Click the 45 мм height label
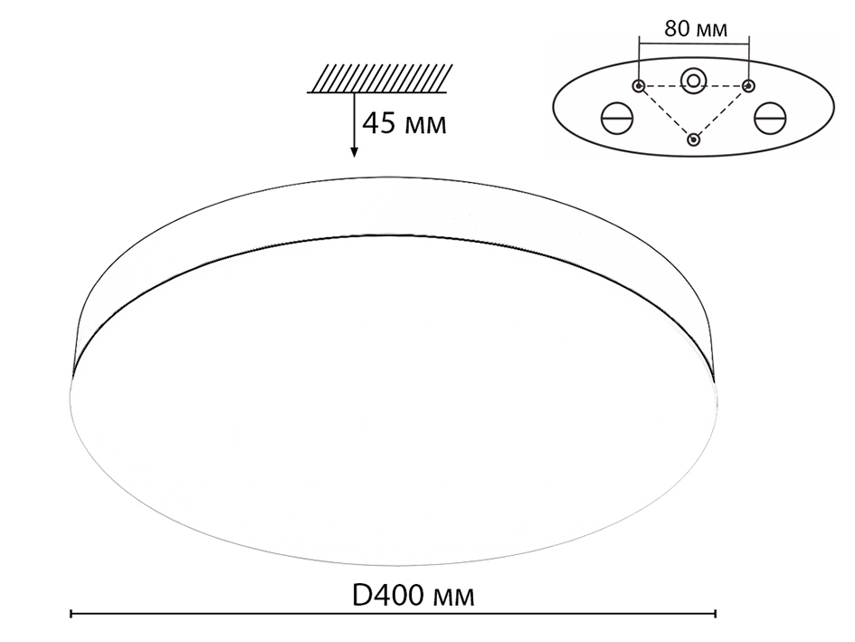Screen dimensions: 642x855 tap(404, 123)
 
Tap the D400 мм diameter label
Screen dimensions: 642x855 tap(412, 595)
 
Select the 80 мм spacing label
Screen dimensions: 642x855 tap(695, 28)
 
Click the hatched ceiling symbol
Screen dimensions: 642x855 tap(379, 78)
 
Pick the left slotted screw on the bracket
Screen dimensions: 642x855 tap(617, 118)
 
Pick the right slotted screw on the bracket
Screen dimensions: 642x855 tap(771, 118)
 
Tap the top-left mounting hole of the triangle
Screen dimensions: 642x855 tap(639, 86)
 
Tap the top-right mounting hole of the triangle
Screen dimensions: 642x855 tap(748, 86)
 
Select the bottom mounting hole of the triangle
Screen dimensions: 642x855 tap(694, 139)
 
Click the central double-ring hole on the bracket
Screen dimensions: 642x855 tap(694, 81)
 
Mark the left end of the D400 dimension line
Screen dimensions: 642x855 tap(71, 615)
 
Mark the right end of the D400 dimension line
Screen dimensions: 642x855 tap(716, 615)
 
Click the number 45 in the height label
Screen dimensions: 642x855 tap(378, 123)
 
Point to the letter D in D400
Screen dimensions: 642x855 tap(361, 595)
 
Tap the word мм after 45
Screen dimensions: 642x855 tap(426, 125)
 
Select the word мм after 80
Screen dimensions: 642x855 tap(712, 29)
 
